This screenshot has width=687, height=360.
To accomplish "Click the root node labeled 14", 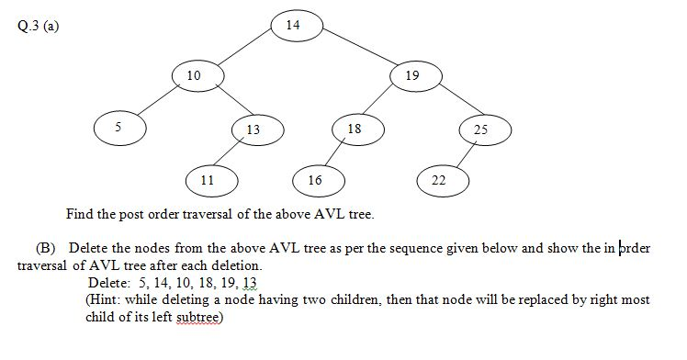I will pyautogui.click(x=293, y=25).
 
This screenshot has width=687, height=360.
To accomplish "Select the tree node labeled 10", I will pyautogui.click(x=194, y=75).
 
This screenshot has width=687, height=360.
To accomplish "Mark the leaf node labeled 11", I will pyautogui.click(x=208, y=180).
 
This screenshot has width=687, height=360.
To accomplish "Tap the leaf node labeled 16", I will pyautogui.click(x=315, y=180).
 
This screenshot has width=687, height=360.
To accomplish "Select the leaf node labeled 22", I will pyautogui.click(x=439, y=180).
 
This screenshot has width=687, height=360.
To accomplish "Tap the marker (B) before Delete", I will pyautogui.click(x=46, y=249).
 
